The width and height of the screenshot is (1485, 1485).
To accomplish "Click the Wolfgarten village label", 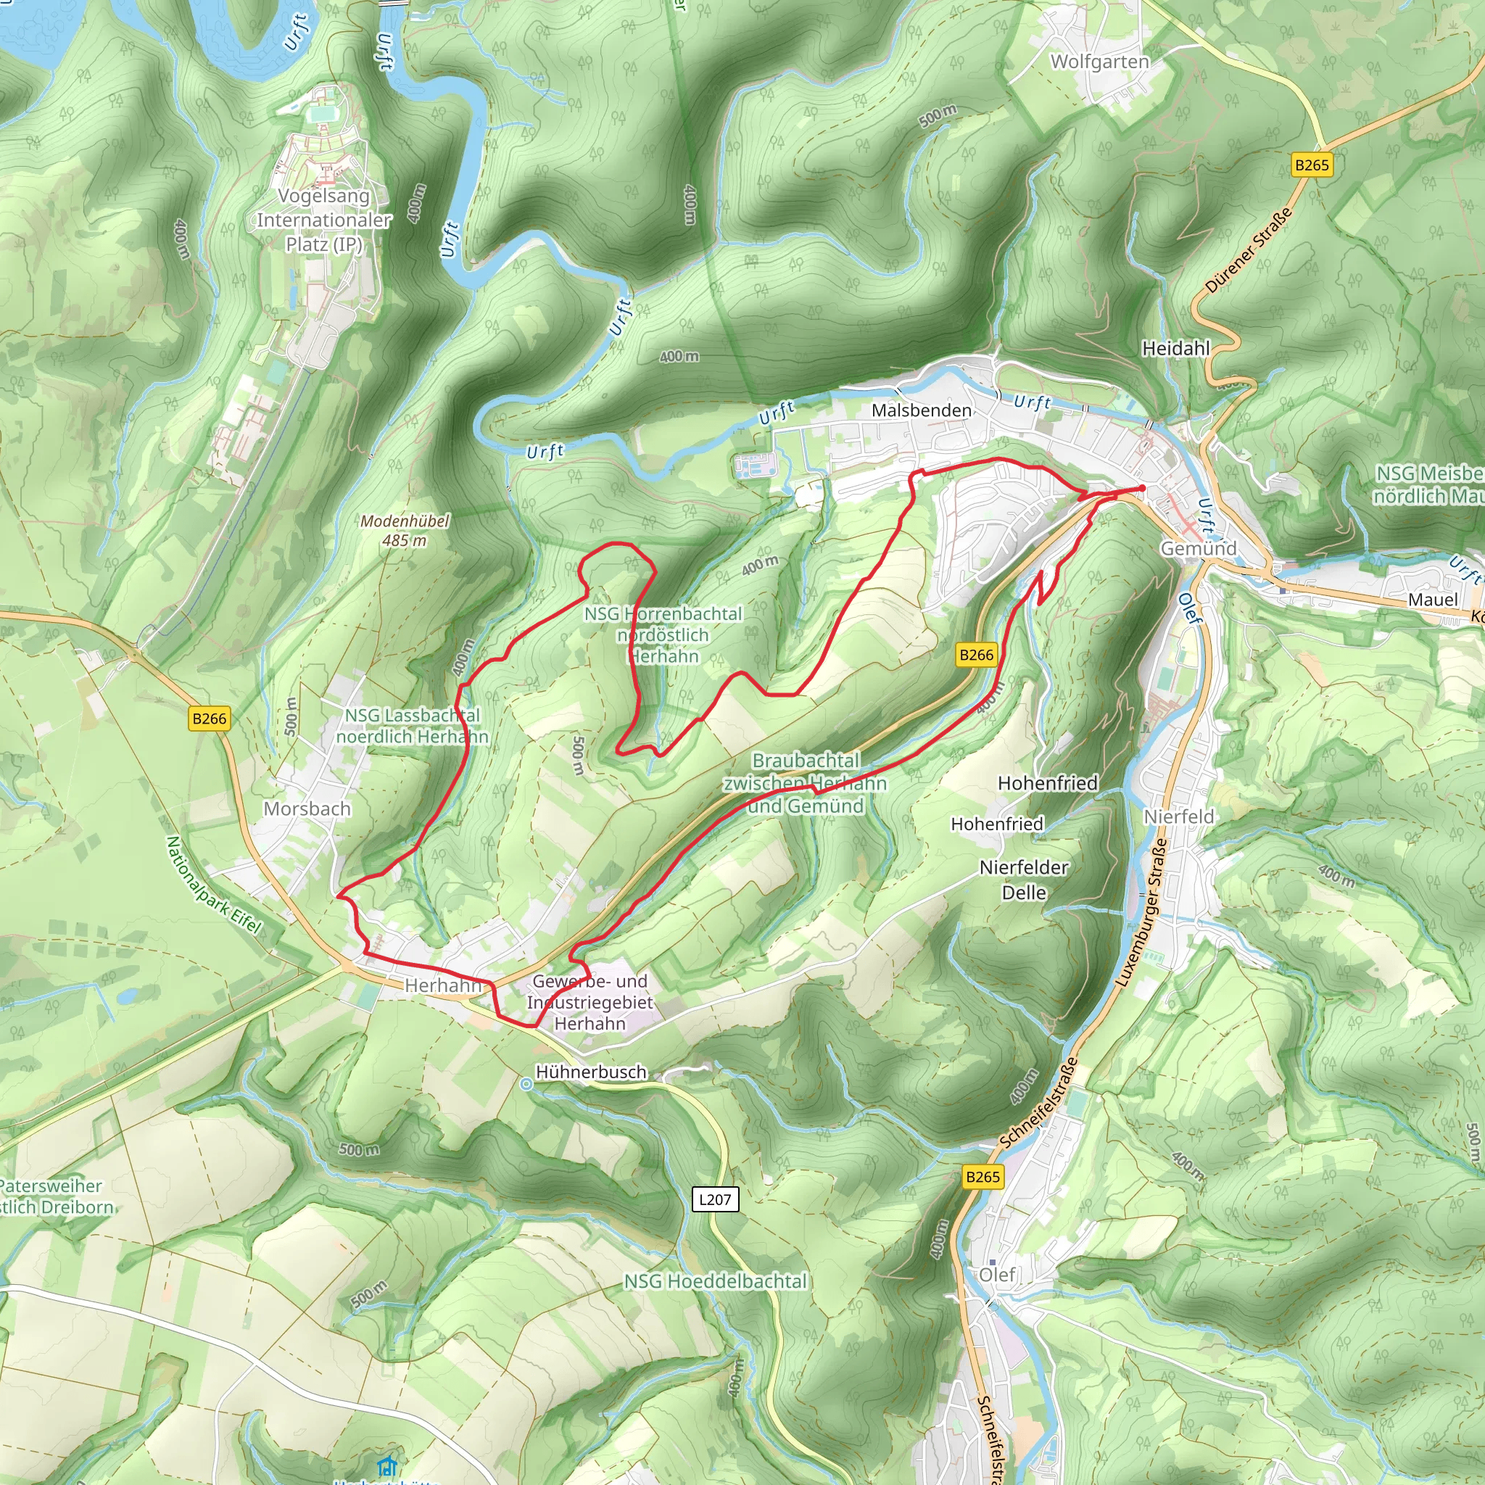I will pyautogui.click(x=1099, y=62).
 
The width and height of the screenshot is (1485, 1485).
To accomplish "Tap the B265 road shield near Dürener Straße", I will pyautogui.click(x=1311, y=165).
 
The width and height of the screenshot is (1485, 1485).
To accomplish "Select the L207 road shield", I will pyautogui.click(x=715, y=1199).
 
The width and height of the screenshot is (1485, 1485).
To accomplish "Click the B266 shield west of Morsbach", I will pyautogui.click(x=209, y=719).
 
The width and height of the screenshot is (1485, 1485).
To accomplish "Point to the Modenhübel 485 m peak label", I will pyautogui.click(x=405, y=530).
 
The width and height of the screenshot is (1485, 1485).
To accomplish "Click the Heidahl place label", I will pyautogui.click(x=1175, y=349).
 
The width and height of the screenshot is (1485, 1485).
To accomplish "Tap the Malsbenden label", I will pyautogui.click(x=921, y=410).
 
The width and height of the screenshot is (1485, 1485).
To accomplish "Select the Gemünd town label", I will pyautogui.click(x=1198, y=549).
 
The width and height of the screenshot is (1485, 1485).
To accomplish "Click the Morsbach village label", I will pyautogui.click(x=307, y=808).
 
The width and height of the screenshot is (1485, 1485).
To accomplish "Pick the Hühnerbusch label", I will pyautogui.click(x=590, y=1072).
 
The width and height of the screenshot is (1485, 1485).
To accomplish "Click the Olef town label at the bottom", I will pyautogui.click(x=997, y=1275).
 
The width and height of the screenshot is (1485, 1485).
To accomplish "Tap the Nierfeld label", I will pyautogui.click(x=1178, y=816).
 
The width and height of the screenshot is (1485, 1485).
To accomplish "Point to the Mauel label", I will pyautogui.click(x=1432, y=600).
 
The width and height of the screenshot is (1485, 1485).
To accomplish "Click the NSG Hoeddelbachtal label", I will pyautogui.click(x=715, y=1281).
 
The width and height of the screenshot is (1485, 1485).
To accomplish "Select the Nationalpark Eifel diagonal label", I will pyautogui.click(x=214, y=885).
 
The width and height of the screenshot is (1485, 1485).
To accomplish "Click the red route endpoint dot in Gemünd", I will pyautogui.click(x=1142, y=488).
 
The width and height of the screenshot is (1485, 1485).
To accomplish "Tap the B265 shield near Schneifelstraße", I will pyautogui.click(x=983, y=1177).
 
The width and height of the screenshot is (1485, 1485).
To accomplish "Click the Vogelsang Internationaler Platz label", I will pyautogui.click(x=323, y=220).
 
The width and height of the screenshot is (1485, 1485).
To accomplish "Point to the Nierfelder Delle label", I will pyautogui.click(x=1023, y=880).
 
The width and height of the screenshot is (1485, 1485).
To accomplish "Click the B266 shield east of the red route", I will pyautogui.click(x=976, y=655).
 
